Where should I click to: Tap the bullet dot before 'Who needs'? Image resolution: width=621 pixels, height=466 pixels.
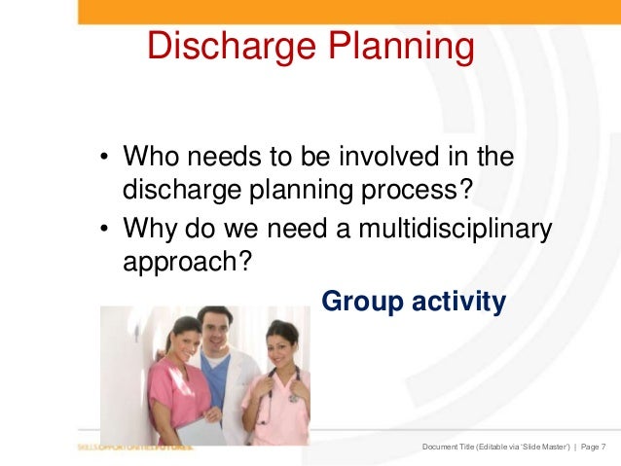[x=103, y=160]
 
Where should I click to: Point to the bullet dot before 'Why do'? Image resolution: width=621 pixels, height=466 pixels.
[x=103, y=232]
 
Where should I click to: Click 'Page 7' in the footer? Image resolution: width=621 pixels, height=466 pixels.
[x=591, y=447]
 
